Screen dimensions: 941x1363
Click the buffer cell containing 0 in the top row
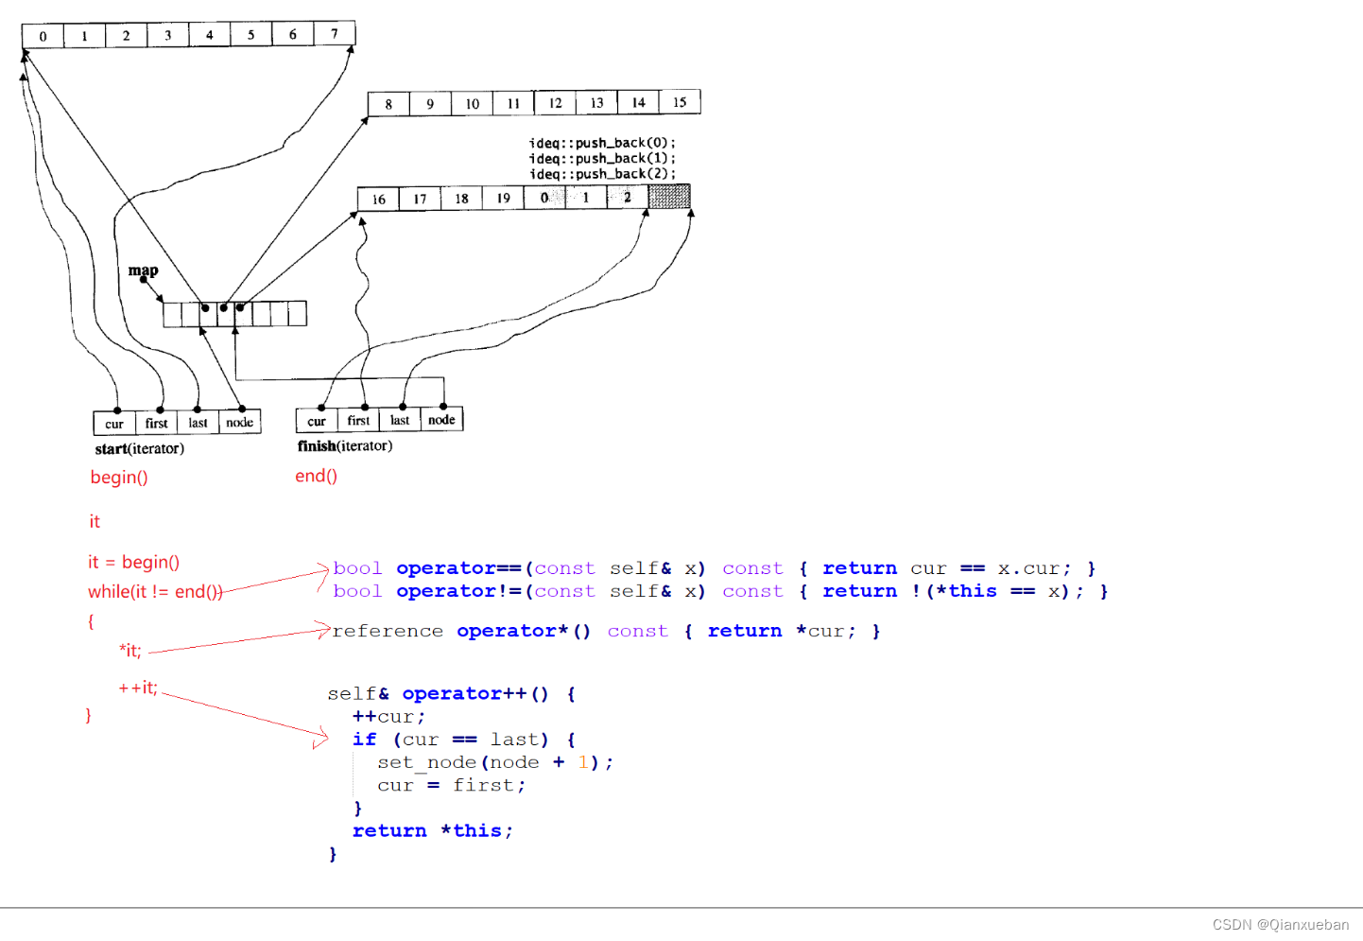click(43, 36)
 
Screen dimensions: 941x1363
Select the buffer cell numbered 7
click(335, 34)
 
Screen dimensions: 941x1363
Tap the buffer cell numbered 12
click(555, 103)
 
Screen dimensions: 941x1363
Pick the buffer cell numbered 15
click(680, 102)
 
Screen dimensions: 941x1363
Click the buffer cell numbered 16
click(378, 199)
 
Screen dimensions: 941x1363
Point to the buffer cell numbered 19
click(503, 199)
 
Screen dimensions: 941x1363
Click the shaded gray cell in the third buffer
click(669, 197)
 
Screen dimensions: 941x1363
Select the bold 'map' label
click(143, 270)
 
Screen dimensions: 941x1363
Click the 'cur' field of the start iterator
click(114, 424)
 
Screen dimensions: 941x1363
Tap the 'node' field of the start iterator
click(239, 423)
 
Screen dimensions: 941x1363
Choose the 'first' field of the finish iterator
click(358, 421)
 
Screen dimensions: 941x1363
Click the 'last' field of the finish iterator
click(400, 421)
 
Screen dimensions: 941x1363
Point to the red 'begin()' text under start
click(119, 478)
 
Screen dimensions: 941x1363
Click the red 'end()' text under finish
click(316, 476)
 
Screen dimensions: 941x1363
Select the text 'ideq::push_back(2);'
click(602, 174)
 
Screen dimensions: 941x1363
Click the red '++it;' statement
click(138, 688)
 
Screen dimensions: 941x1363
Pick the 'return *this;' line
click(432, 830)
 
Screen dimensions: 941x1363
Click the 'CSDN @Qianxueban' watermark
click(1280, 925)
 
